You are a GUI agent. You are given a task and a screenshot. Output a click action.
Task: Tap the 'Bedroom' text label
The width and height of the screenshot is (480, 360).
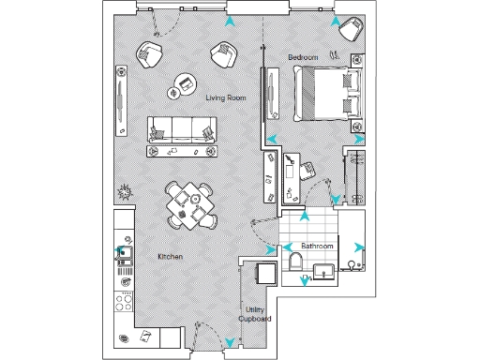[x=303, y=58]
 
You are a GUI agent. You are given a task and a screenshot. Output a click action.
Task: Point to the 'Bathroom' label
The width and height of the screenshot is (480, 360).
[x=317, y=247]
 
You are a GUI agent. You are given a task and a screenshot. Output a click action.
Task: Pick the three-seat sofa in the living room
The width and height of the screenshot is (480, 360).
[x=181, y=130]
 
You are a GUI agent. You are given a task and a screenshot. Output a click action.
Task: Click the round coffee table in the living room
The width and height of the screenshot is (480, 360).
[x=178, y=92]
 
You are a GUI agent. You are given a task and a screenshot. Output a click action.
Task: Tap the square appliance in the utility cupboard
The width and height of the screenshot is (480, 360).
[x=265, y=273]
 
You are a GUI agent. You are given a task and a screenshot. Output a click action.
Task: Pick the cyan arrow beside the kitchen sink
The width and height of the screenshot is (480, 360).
[x=120, y=250]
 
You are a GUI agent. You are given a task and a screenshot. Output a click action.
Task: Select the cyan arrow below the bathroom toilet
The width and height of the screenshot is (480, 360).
[x=304, y=279]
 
